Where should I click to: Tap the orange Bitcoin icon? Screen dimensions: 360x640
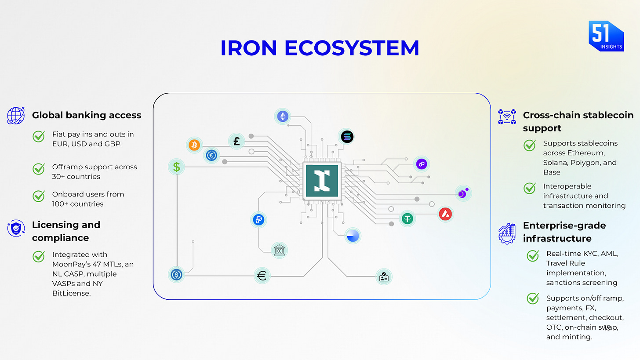pyautogui.click(x=194, y=145)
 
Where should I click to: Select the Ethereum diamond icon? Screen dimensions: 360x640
pyautogui.click(x=282, y=116)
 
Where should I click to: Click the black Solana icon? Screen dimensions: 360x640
pyautogui.click(x=346, y=137)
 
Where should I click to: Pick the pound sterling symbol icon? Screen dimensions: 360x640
pyautogui.click(x=236, y=141)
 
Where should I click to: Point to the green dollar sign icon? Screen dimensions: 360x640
pyautogui.click(x=176, y=167)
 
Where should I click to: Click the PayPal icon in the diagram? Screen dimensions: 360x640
pyautogui.click(x=258, y=220)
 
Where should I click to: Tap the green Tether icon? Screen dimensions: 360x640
pyautogui.click(x=407, y=218)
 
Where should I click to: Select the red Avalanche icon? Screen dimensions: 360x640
pyautogui.click(x=446, y=214)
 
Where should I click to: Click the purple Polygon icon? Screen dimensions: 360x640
pyautogui.click(x=422, y=164)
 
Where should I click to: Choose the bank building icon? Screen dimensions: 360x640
pyautogui.click(x=279, y=250)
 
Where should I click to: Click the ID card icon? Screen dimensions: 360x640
pyautogui.click(x=383, y=276)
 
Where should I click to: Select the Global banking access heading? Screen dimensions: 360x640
pyautogui.click(x=87, y=115)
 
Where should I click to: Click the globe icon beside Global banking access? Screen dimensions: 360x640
pyautogui.click(x=16, y=116)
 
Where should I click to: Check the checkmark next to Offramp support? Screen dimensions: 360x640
pyautogui.click(x=39, y=168)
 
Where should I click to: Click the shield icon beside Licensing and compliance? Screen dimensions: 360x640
pyautogui.click(x=16, y=228)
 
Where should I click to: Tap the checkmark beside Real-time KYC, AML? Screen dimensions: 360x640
pyautogui.click(x=533, y=255)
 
